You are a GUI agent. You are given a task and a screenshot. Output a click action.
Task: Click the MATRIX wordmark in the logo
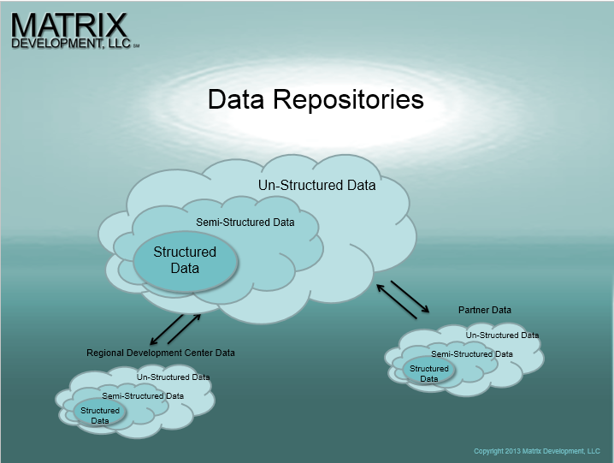click(x=69, y=26)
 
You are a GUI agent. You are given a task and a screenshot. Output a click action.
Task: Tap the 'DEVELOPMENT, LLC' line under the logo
click(x=71, y=43)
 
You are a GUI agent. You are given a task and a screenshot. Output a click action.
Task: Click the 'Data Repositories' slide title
click(x=316, y=99)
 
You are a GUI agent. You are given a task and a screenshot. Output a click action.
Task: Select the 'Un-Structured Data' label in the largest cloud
click(x=316, y=185)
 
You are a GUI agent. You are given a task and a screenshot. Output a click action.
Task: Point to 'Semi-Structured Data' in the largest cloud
click(x=245, y=223)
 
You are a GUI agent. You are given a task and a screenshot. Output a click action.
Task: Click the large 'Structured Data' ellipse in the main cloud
click(x=186, y=261)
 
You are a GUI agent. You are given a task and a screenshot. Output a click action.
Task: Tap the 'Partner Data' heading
click(x=485, y=310)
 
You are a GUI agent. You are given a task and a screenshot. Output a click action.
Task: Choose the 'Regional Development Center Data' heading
click(x=161, y=353)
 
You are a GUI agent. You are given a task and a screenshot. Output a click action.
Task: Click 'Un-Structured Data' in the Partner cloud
click(x=502, y=335)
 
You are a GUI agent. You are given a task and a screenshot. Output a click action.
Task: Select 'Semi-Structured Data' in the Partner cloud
click(x=472, y=354)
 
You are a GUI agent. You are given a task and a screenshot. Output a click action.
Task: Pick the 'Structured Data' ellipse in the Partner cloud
click(x=428, y=371)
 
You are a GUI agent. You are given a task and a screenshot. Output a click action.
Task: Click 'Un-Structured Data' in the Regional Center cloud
click(x=173, y=377)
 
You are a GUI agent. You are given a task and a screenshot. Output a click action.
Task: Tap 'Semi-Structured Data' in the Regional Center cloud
click(x=143, y=396)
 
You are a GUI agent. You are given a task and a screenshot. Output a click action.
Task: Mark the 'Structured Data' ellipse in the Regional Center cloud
click(x=100, y=413)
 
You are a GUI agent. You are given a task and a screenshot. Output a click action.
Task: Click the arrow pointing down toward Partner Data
click(x=410, y=297)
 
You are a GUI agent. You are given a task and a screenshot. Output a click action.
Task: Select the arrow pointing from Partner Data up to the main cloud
click(x=396, y=301)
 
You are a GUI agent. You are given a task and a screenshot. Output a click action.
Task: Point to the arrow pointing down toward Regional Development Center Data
click(x=167, y=329)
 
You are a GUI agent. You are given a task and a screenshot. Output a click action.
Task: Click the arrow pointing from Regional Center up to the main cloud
click(x=184, y=329)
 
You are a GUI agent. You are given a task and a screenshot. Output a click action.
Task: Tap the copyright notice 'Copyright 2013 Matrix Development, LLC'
click(x=536, y=451)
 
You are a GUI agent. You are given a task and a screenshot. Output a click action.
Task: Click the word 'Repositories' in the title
click(x=348, y=100)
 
